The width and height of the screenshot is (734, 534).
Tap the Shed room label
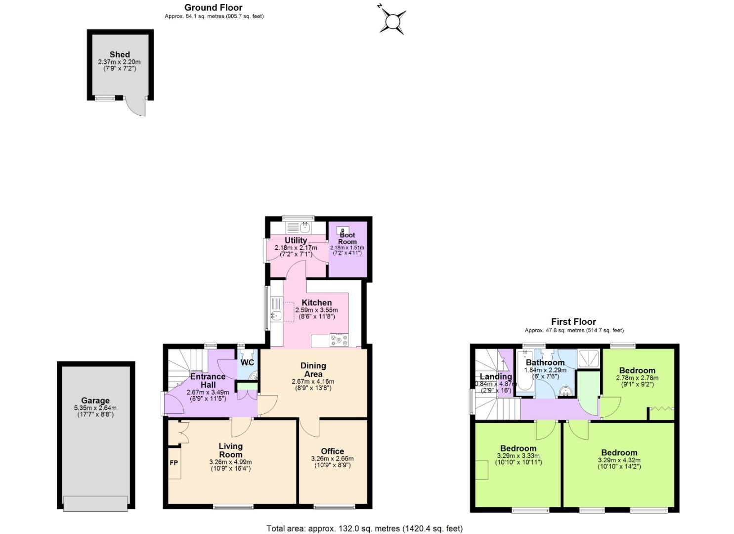pyautogui.click(x=120, y=54)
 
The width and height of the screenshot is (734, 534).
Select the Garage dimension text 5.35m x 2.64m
pyautogui.click(x=95, y=408)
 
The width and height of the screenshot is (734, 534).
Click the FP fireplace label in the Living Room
pyautogui.click(x=174, y=463)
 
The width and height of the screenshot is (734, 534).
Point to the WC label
pyautogui.click(x=247, y=362)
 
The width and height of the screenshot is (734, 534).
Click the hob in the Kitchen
pyautogui.click(x=339, y=340)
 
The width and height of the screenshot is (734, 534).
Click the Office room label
pyautogui.click(x=332, y=451)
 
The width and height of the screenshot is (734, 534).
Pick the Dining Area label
pyautogui.click(x=313, y=369)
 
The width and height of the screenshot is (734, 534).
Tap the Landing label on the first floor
pyautogui.click(x=495, y=376)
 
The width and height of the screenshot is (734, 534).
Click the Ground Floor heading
pyautogui.click(x=214, y=7)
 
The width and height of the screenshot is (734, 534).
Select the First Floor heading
pyautogui.click(x=573, y=321)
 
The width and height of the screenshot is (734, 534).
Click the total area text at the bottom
pyautogui.click(x=364, y=528)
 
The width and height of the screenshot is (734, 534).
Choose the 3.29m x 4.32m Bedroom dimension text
pyautogui.click(x=619, y=460)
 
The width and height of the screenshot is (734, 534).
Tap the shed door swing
pyautogui.click(x=136, y=106)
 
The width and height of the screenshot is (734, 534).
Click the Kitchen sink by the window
pyautogui.click(x=276, y=315)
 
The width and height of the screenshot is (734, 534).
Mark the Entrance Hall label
pyautogui.click(x=208, y=380)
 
